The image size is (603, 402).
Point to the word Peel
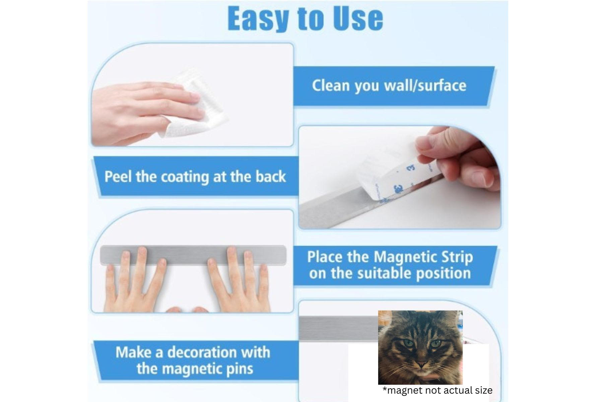(119, 177)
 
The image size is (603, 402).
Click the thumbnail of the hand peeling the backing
(399, 177)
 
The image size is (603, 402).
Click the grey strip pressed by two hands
(193, 255)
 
